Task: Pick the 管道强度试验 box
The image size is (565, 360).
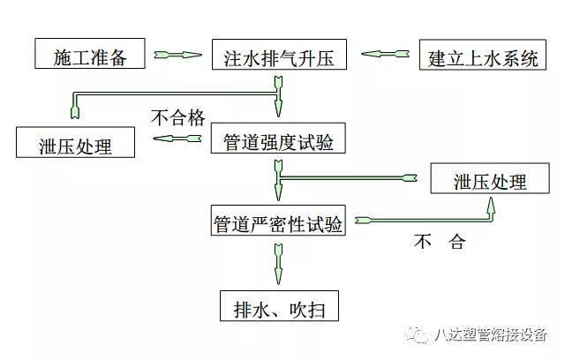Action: coord(277,139)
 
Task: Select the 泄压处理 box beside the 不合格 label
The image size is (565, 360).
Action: coord(76,143)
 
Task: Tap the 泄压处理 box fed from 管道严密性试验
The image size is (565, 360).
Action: coord(489,182)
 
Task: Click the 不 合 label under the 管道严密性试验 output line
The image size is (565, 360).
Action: coord(438,241)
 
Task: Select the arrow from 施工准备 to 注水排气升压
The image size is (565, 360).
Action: coord(180,56)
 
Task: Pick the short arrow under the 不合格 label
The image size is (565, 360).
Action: coord(180,139)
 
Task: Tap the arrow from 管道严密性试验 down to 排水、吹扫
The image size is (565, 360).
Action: coord(278,260)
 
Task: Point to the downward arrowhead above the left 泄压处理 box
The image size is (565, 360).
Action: coord(75,111)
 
